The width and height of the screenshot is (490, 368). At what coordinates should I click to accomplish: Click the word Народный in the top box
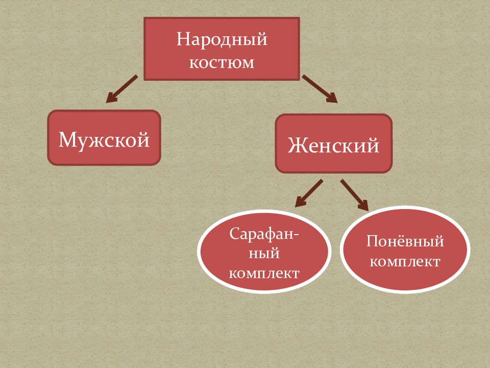tap(222, 40)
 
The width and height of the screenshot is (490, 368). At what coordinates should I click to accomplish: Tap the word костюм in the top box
tap(222, 62)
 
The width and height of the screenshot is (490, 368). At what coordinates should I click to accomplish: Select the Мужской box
tap(104, 137)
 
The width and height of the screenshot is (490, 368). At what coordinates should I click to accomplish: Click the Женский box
tap(333, 144)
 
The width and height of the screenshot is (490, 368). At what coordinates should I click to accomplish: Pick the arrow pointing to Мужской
tap(121, 89)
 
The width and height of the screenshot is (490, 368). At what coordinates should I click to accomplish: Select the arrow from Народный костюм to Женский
tap(320, 89)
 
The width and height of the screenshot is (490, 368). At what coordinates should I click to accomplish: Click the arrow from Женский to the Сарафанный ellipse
tap(309, 193)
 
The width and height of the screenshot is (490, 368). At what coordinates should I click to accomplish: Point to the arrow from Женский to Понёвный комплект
tap(354, 195)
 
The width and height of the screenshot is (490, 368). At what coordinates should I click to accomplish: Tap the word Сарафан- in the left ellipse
tap(264, 234)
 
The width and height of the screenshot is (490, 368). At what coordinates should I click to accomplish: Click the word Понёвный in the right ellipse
tap(405, 241)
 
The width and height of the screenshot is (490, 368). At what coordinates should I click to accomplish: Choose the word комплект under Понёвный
tap(405, 262)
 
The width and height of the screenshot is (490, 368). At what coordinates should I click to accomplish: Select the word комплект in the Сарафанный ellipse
tap(264, 273)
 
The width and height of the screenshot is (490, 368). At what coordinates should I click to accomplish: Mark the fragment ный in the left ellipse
tap(264, 253)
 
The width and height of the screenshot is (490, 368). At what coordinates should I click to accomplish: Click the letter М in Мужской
tap(66, 140)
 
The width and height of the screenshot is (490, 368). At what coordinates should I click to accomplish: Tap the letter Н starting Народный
tap(184, 39)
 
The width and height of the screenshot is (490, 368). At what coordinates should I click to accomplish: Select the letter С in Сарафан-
tap(235, 234)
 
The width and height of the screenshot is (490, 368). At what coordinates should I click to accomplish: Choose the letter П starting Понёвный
tap(373, 241)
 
